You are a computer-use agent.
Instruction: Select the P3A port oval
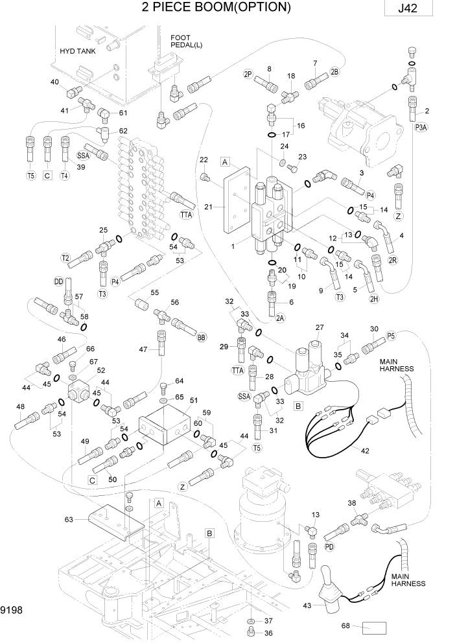tap(421, 128)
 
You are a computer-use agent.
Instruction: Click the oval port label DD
tap(59, 281)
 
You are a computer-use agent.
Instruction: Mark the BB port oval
tap(202, 337)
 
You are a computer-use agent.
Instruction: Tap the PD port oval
tap(329, 546)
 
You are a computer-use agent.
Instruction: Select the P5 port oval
tap(391, 335)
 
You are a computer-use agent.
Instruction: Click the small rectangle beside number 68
tap(374, 627)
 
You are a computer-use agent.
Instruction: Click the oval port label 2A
tap(280, 318)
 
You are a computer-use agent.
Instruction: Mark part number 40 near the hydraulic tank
tap(54, 82)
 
